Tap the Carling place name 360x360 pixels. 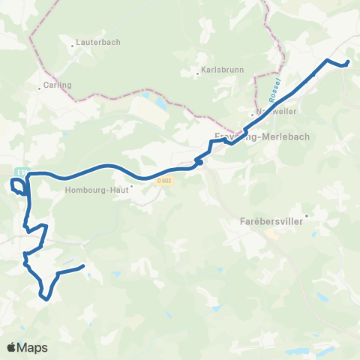point(58,85)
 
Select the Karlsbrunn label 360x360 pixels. point(220,73)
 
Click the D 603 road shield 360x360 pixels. point(165,181)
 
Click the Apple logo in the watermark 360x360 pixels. point(12,347)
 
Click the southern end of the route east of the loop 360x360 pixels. point(82,265)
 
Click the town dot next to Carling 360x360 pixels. point(40,88)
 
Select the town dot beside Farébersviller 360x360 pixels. point(306,216)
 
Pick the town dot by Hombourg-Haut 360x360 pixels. point(131,187)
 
